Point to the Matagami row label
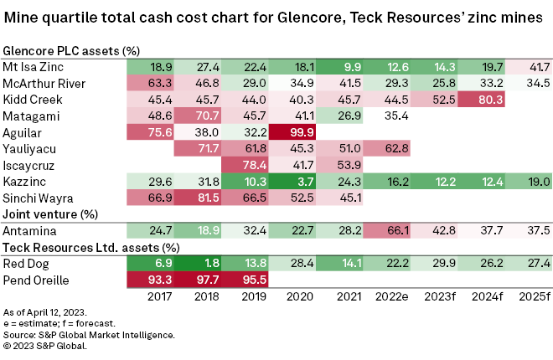(30, 116)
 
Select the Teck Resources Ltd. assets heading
(91, 247)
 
